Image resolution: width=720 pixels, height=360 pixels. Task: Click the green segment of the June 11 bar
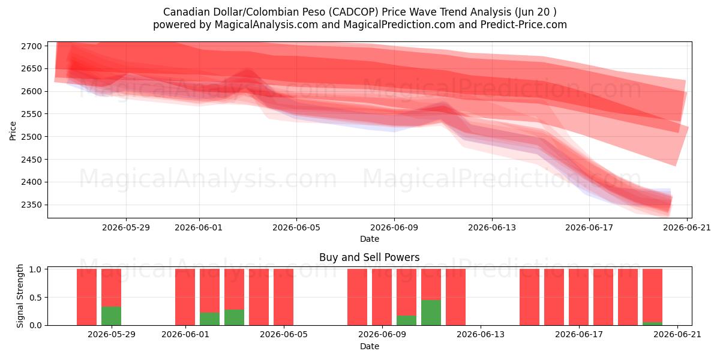click(x=431, y=313)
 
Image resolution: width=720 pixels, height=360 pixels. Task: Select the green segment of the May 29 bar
click(x=111, y=316)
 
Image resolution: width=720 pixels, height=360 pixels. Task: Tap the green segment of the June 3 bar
click(x=235, y=317)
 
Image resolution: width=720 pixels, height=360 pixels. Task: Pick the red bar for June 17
click(x=578, y=297)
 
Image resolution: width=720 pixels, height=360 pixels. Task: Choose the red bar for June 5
click(x=283, y=297)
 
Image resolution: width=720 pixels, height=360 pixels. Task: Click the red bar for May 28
click(x=87, y=297)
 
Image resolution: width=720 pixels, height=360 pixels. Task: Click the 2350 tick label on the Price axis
click(x=31, y=205)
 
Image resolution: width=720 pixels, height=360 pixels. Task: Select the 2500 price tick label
click(x=31, y=137)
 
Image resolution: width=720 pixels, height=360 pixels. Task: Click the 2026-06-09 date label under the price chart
click(x=394, y=227)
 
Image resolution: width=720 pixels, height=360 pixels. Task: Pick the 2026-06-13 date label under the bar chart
click(x=481, y=335)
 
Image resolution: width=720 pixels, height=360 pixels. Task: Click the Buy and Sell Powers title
click(x=370, y=257)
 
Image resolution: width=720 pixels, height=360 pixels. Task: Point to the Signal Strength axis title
click(x=20, y=296)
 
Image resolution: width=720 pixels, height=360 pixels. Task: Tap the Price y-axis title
click(x=13, y=131)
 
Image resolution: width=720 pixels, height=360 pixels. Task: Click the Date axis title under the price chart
click(x=370, y=239)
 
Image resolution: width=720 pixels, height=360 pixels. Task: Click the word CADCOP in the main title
click(x=355, y=12)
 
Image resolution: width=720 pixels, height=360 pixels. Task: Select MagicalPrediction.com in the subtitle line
click(x=399, y=25)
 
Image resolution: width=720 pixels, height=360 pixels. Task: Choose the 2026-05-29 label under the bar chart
click(x=112, y=335)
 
